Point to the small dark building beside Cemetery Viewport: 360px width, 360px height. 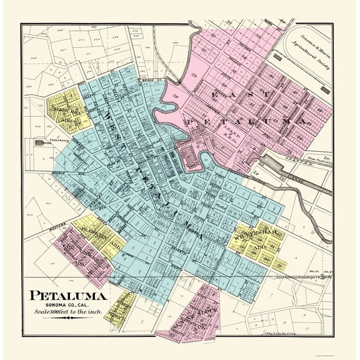pos(41,144)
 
